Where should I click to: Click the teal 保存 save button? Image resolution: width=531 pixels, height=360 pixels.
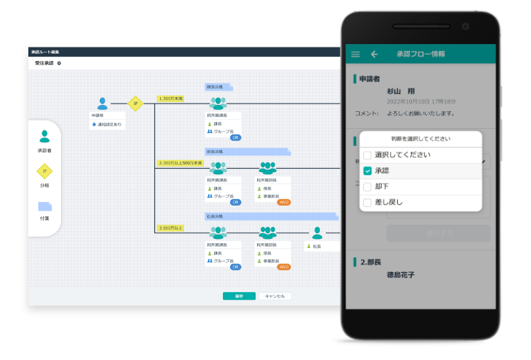tap(239, 296)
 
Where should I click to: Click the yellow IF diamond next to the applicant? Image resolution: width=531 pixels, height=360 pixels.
tap(135, 103)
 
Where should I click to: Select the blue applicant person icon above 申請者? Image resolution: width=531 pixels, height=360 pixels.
tap(103, 103)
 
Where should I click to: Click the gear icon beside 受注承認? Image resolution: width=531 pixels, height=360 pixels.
tap(59, 63)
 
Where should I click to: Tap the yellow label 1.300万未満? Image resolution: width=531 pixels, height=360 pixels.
tap(170, 99)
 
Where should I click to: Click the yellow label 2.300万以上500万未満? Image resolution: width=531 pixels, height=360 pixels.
tap(180, 163)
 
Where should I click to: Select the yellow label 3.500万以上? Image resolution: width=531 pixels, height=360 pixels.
tap(170, 228)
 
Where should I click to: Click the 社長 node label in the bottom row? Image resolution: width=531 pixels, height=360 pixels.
tap(317, 247)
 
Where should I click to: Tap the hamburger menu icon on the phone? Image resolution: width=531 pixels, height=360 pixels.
tap(355, 55)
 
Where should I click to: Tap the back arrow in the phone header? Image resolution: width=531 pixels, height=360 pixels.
tap(375, 55)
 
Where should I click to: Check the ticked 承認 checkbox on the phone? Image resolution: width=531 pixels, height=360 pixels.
tap(367, 171)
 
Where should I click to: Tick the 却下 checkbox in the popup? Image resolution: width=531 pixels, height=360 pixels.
tap(367, 186)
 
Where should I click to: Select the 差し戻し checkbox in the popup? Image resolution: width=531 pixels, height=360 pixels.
tap(367, 202)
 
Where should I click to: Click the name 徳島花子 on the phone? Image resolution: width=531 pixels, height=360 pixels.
tap(401, 274)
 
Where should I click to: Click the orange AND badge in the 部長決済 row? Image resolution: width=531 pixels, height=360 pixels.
tap(283, 202)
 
